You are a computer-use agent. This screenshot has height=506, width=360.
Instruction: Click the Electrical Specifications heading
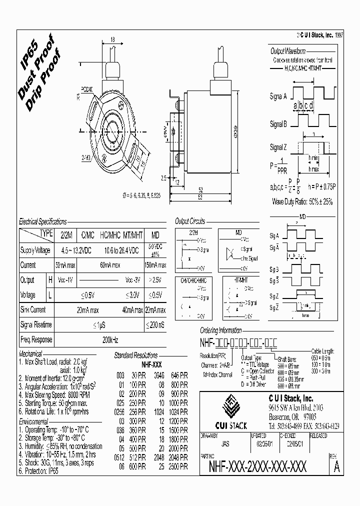[42, 221]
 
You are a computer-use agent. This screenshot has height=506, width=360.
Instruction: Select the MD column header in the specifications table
[155, 234]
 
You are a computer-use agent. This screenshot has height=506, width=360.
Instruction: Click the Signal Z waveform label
[278, 147]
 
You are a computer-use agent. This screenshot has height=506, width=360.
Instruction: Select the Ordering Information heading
[220, 330]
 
